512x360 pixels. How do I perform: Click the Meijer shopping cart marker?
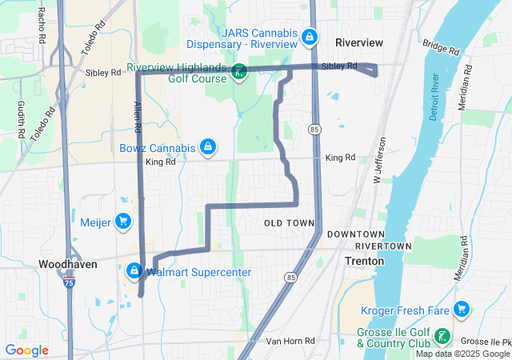click(122, 221)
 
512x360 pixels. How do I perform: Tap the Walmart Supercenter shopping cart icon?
click(134, 272)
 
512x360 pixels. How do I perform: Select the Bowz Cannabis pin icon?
click(208, 147)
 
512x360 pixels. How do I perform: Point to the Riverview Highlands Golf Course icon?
click(239, 73)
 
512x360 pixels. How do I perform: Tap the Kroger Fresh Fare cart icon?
click(461, 309)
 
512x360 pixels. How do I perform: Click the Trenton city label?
click(364, 261)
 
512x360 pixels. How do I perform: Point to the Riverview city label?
click(359, 42)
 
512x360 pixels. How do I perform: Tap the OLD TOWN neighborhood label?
click(288, 222)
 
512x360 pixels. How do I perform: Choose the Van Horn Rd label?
click(290, 341)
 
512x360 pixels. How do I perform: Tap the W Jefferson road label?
click(380, 160)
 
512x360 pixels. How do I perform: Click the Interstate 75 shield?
click(70, 283)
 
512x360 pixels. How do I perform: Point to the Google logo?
click(26, 350)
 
